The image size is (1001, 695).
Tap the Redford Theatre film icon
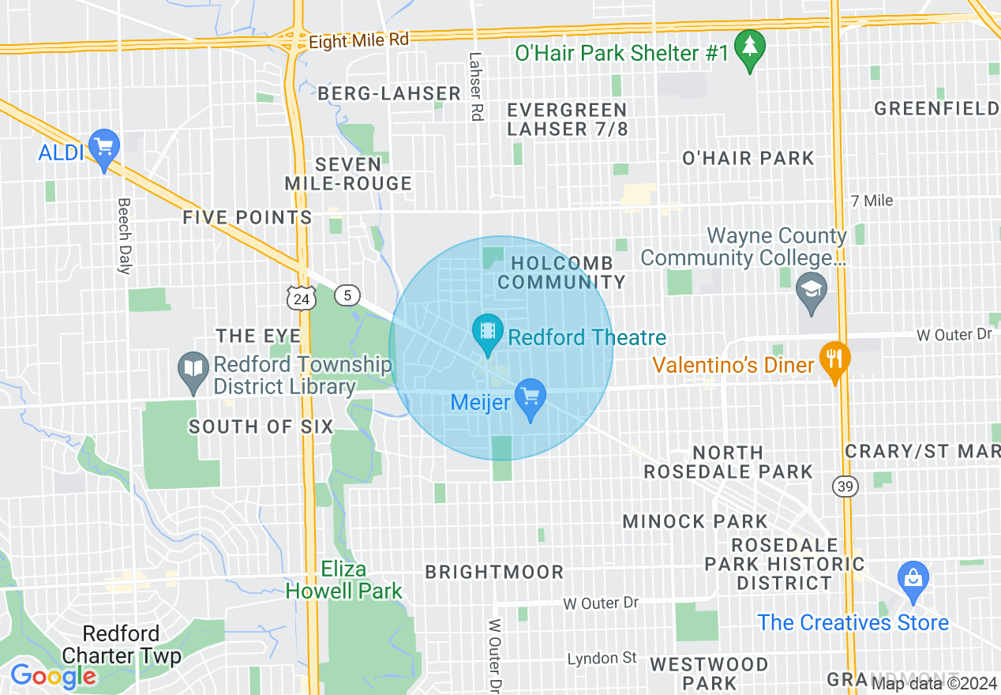click(487, 331)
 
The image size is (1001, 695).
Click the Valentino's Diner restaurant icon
click(834, 359)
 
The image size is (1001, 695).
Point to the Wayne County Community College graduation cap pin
click(811, 289)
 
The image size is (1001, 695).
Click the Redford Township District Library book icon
click(193, 370)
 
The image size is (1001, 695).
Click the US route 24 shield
click(302, 298)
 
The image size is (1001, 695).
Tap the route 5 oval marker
click(347, 295)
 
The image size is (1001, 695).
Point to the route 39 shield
click(844, 486)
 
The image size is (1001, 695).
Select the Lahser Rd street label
click(474, 87)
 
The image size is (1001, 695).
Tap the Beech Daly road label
click(123, 235)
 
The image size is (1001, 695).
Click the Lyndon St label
click(602, 658)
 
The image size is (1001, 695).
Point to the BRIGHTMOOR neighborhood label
click(495, 572)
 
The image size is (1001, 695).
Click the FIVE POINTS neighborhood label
click(247, 217)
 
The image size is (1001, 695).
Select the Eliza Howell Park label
click(344, 580)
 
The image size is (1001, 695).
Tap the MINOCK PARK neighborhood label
click(695, 521)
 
